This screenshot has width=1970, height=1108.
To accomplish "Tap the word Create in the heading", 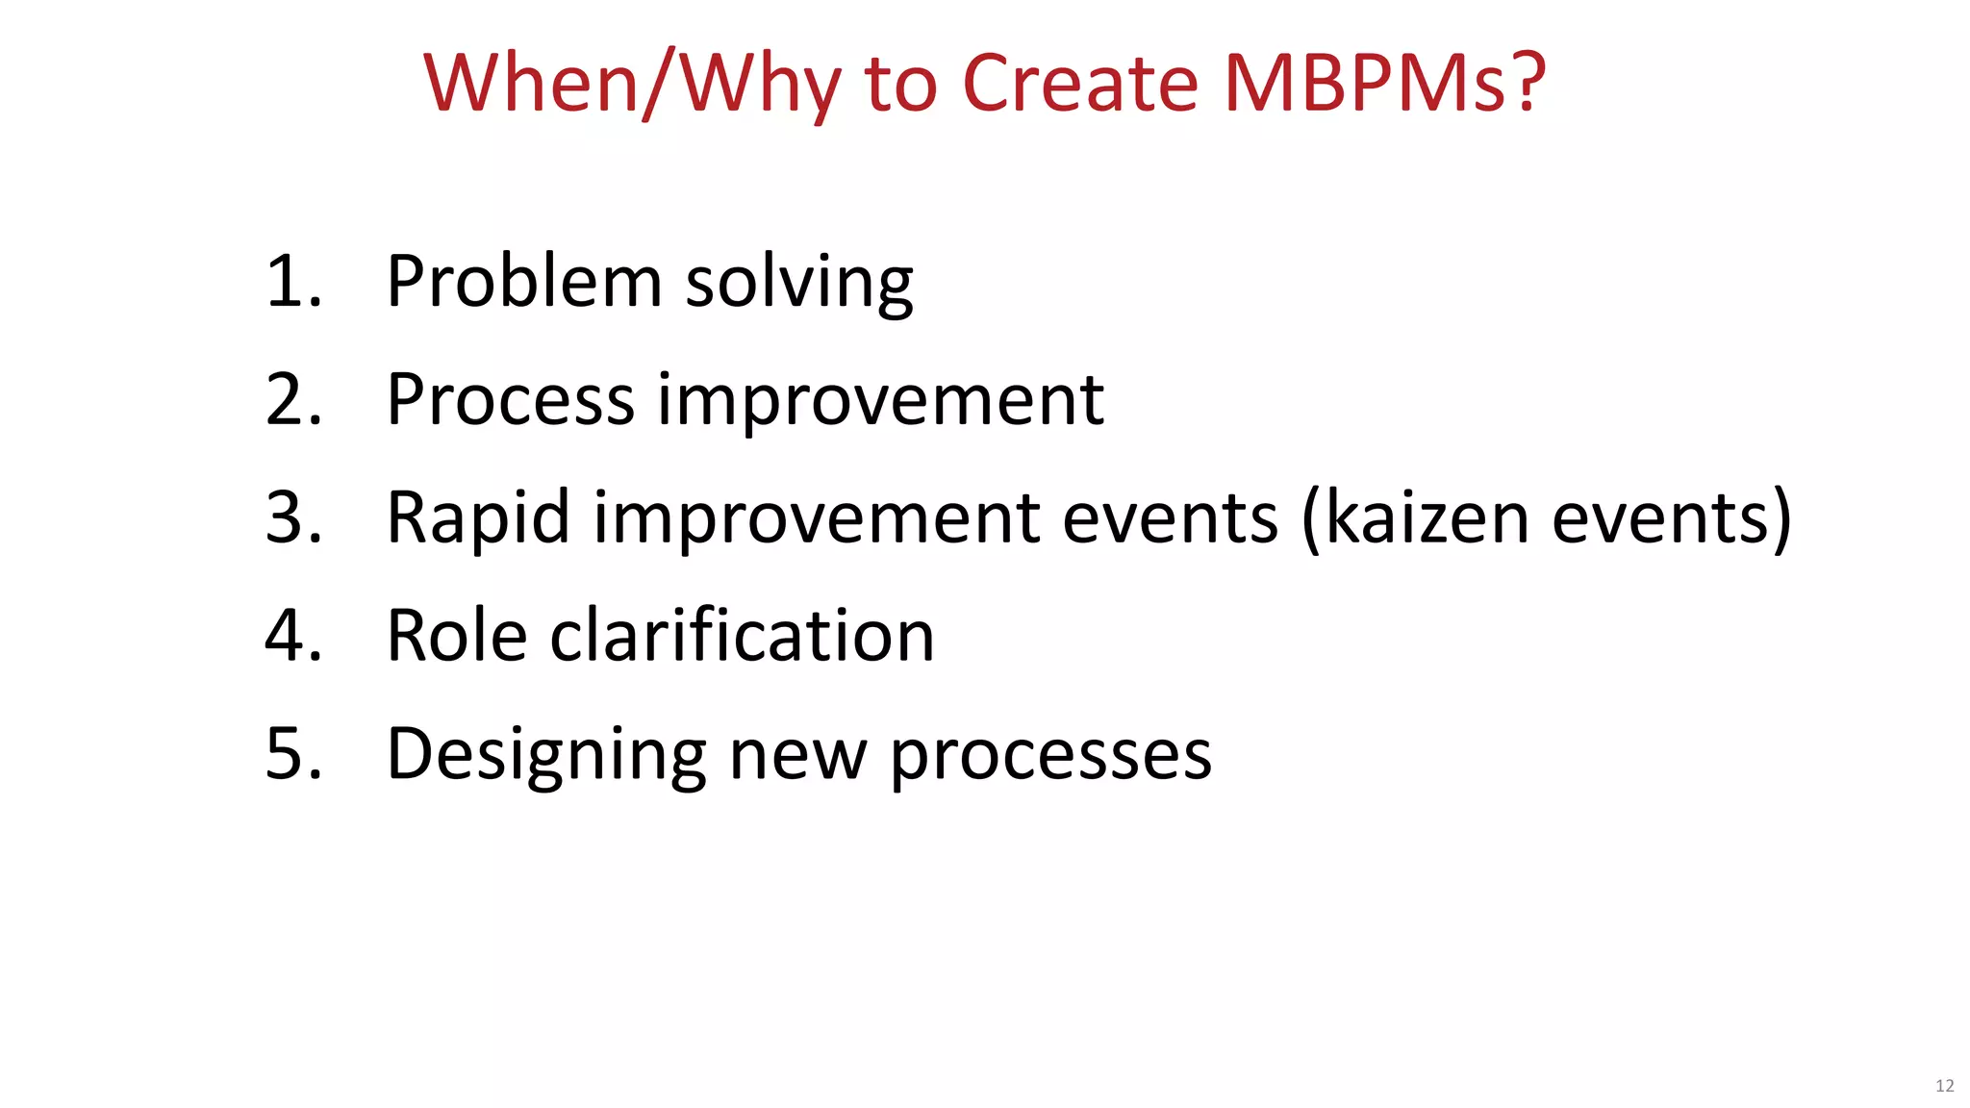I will (x=1080, y=84).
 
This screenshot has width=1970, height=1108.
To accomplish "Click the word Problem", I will (x=524, y=282).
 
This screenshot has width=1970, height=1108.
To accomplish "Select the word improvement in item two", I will (x=879, y=402).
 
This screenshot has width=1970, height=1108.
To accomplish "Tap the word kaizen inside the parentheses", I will (x=1427, y=518).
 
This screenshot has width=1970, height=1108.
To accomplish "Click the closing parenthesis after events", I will (x=1781, y=519).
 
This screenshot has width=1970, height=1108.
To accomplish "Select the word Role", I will (x=457, y=636).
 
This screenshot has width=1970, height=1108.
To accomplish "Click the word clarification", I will (x=742, y=636).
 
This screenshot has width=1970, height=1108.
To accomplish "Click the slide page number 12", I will (x=1944, y=1086).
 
